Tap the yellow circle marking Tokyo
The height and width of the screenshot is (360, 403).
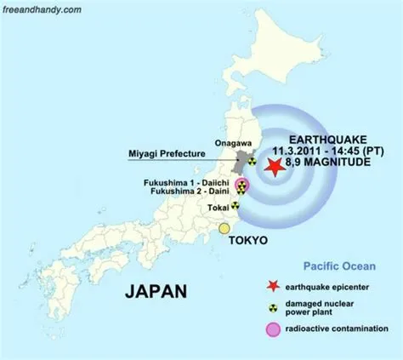coord(224,228)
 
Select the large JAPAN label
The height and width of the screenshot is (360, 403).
coord(156,292)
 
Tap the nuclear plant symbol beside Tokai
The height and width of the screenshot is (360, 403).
coord(236,205)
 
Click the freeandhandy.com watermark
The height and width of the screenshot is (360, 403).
coord(43,9)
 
